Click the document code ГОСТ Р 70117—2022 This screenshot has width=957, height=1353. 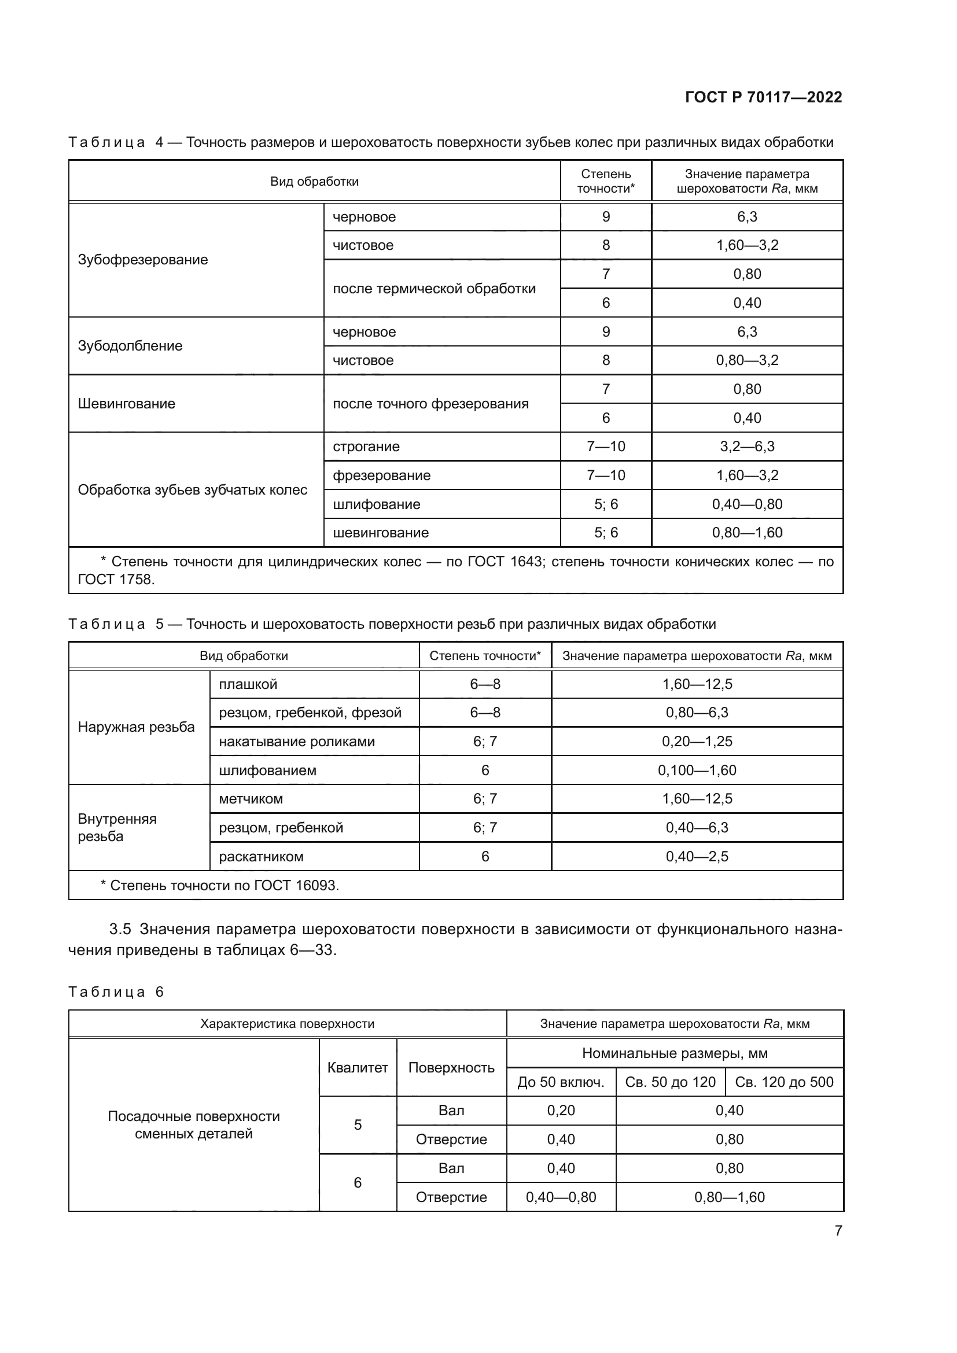tap(763, 97)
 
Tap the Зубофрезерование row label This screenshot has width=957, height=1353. tap(142, 260)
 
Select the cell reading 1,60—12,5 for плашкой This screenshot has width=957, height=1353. tap(697, 684)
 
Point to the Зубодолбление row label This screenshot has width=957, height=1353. tap(130, 346)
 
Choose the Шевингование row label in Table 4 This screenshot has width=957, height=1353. tap(126, 404)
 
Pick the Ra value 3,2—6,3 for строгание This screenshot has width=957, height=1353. tap(746, 447)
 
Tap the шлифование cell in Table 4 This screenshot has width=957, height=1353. tap(376, 504)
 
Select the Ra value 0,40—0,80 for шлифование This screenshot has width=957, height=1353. tap(746, 504)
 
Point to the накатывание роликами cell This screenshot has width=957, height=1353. tap(296, 742)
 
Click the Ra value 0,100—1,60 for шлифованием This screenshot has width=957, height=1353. tap(697, 770)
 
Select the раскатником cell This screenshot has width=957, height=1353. tap(261, 856)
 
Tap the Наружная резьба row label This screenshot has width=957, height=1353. tap(136, 727)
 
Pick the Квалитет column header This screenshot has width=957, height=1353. tap(357, 1068)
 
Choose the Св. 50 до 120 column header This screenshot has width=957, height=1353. tap(670, 1082)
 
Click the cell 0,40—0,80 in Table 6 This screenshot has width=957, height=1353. tap(561, 1197)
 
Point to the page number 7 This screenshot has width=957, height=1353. tap(838, 1230)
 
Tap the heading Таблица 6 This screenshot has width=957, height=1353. tap(116, 992)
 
